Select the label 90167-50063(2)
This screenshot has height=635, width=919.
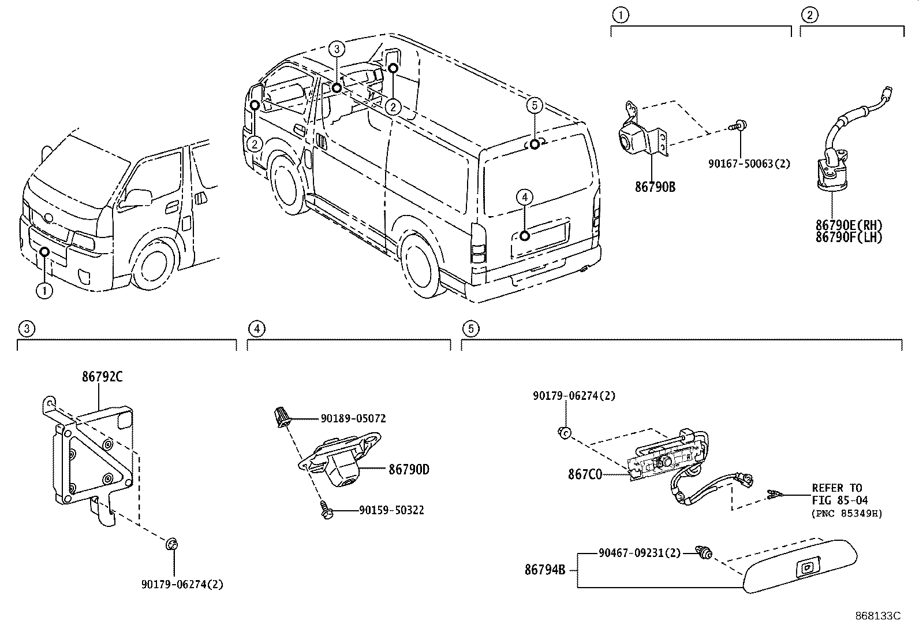point(749,164)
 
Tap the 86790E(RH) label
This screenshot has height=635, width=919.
point(849,225)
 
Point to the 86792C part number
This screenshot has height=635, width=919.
point(102,377)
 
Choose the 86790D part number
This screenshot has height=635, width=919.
point(409,470)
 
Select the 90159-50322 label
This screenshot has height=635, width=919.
point(391,510)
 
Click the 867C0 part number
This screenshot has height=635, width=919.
point(584,474)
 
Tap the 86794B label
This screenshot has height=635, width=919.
point(544,570)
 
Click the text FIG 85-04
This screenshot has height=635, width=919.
point(839,500)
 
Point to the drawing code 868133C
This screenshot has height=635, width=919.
point(877,616)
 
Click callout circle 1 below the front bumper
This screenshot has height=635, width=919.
point(44,291)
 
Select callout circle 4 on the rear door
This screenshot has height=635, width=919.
point(524,198)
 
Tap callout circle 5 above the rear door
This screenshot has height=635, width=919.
point(535,105)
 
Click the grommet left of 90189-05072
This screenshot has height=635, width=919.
point(281,416)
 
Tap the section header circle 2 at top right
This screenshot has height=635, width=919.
point(809,15)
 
